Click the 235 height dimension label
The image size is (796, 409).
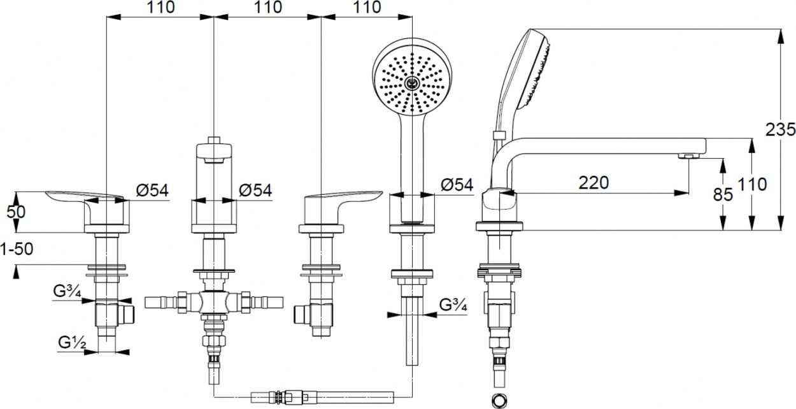tap(781, 129)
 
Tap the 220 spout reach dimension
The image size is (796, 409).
tap(593, 183)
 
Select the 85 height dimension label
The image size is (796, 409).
tap(723, 194)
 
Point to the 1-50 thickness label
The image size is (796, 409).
tap(17, 249)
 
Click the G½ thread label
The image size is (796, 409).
tap(72, 343)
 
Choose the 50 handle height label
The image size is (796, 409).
tap(16, 212)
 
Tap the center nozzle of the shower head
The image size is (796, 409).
tap(412, 83)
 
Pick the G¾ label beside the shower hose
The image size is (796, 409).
tap(453, 305)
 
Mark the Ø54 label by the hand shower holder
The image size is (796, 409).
tap(457, 185)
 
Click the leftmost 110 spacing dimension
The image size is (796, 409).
tap(161, 7)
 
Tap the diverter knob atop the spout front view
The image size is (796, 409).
tap(214, 140)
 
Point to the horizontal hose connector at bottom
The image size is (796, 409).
tap(322, 397)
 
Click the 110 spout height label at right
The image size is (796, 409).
tap(752, 185)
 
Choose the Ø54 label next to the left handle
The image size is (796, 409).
tap(152, 190)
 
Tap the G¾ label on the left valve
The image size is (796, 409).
tap(67, 291)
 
